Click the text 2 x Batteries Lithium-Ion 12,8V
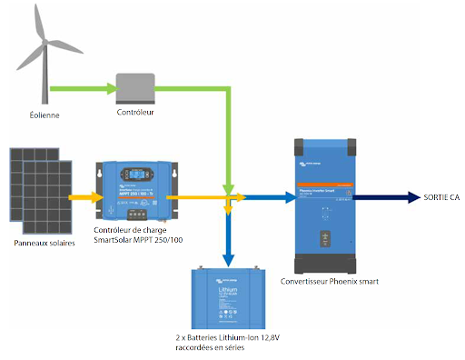227,337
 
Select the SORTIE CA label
441,196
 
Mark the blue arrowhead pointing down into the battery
227,257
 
